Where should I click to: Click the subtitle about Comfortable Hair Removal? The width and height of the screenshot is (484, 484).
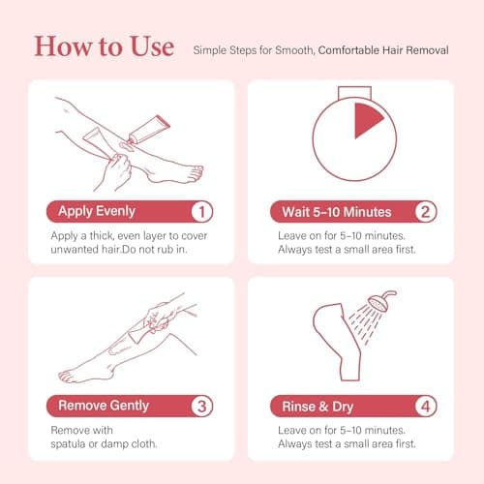click(319, 48)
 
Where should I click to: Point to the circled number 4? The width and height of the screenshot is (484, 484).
click(424, 407)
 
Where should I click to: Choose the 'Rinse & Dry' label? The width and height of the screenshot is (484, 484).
click(312, 407)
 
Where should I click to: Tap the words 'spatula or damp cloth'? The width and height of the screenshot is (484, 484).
click(107, 443)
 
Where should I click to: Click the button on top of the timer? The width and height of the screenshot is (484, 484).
click(353, 90)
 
